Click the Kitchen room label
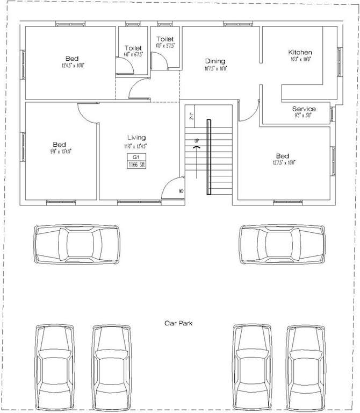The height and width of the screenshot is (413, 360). [300, 52]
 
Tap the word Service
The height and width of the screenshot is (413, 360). [304, 109]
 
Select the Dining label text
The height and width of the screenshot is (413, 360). [215, 61]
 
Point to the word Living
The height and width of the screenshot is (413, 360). [136, 138]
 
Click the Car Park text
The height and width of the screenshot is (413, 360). [178, 323]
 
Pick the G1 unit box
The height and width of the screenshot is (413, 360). [136, 156]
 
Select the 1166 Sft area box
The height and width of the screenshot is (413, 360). [136, 165]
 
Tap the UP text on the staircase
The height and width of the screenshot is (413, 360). [197, 141]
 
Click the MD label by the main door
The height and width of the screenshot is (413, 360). [181, 191]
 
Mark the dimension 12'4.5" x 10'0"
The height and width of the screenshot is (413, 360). [72, 66]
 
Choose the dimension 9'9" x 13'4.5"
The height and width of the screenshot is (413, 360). [59, 152]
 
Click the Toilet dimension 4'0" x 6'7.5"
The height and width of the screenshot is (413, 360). [133, 54]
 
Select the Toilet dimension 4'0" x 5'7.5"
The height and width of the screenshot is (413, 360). [165, 46]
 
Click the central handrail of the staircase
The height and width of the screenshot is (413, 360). [209, 157]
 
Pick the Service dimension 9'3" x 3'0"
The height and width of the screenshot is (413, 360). [304, 115]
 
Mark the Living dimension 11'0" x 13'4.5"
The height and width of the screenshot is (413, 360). [136, 145]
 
